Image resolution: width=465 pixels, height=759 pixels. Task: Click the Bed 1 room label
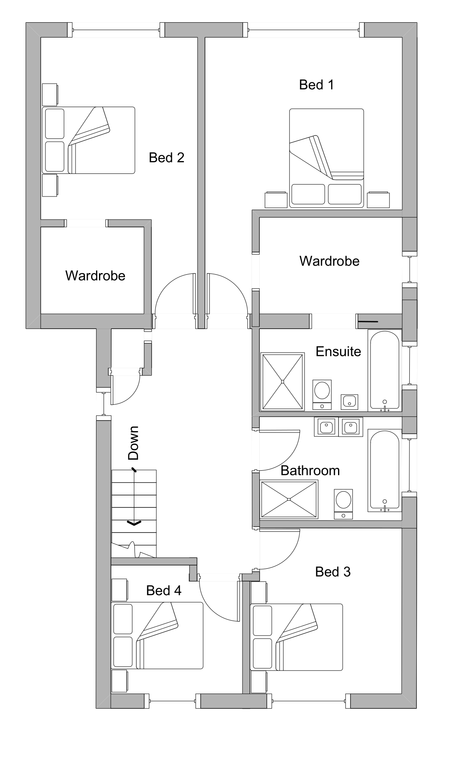pyautogui.click(x=316, y=85)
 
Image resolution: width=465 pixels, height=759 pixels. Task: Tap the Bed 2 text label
pyautogui.click(x=166, y=158)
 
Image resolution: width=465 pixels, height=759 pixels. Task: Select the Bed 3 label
pyautogui.click(x=333, y=572)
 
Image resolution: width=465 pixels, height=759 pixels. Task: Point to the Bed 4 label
pyautogui.click(x=164, y=591)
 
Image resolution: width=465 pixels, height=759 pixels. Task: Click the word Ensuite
pyautogui.click(x=338, y=351)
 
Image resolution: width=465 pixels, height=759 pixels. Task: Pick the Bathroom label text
pyautogui.click(x=310, y=470)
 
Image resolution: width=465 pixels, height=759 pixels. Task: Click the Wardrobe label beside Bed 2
pyautogui.click(x=95, y=276)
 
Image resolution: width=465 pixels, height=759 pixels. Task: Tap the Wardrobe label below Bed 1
pyautogui.click(x=329, y=261)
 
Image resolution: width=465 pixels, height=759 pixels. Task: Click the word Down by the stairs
pyautogui.click(x=134, y=443)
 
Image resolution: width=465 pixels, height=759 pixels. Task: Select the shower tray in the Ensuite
pyautogui.click(x=282, y=381)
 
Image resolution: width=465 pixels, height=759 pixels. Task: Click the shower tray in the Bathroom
pyautogui.click(x=289, y=499)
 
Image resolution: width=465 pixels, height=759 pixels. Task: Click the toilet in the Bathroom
pyautogui.click(x=343, y=503)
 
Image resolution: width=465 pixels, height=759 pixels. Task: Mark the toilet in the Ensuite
pyautogui.click(x=322, y=394)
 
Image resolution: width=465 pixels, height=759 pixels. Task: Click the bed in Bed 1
pyautogui.click(x=326, y=158)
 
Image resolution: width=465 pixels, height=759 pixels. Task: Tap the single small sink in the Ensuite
pyautogui.click(x=349, y=402)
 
